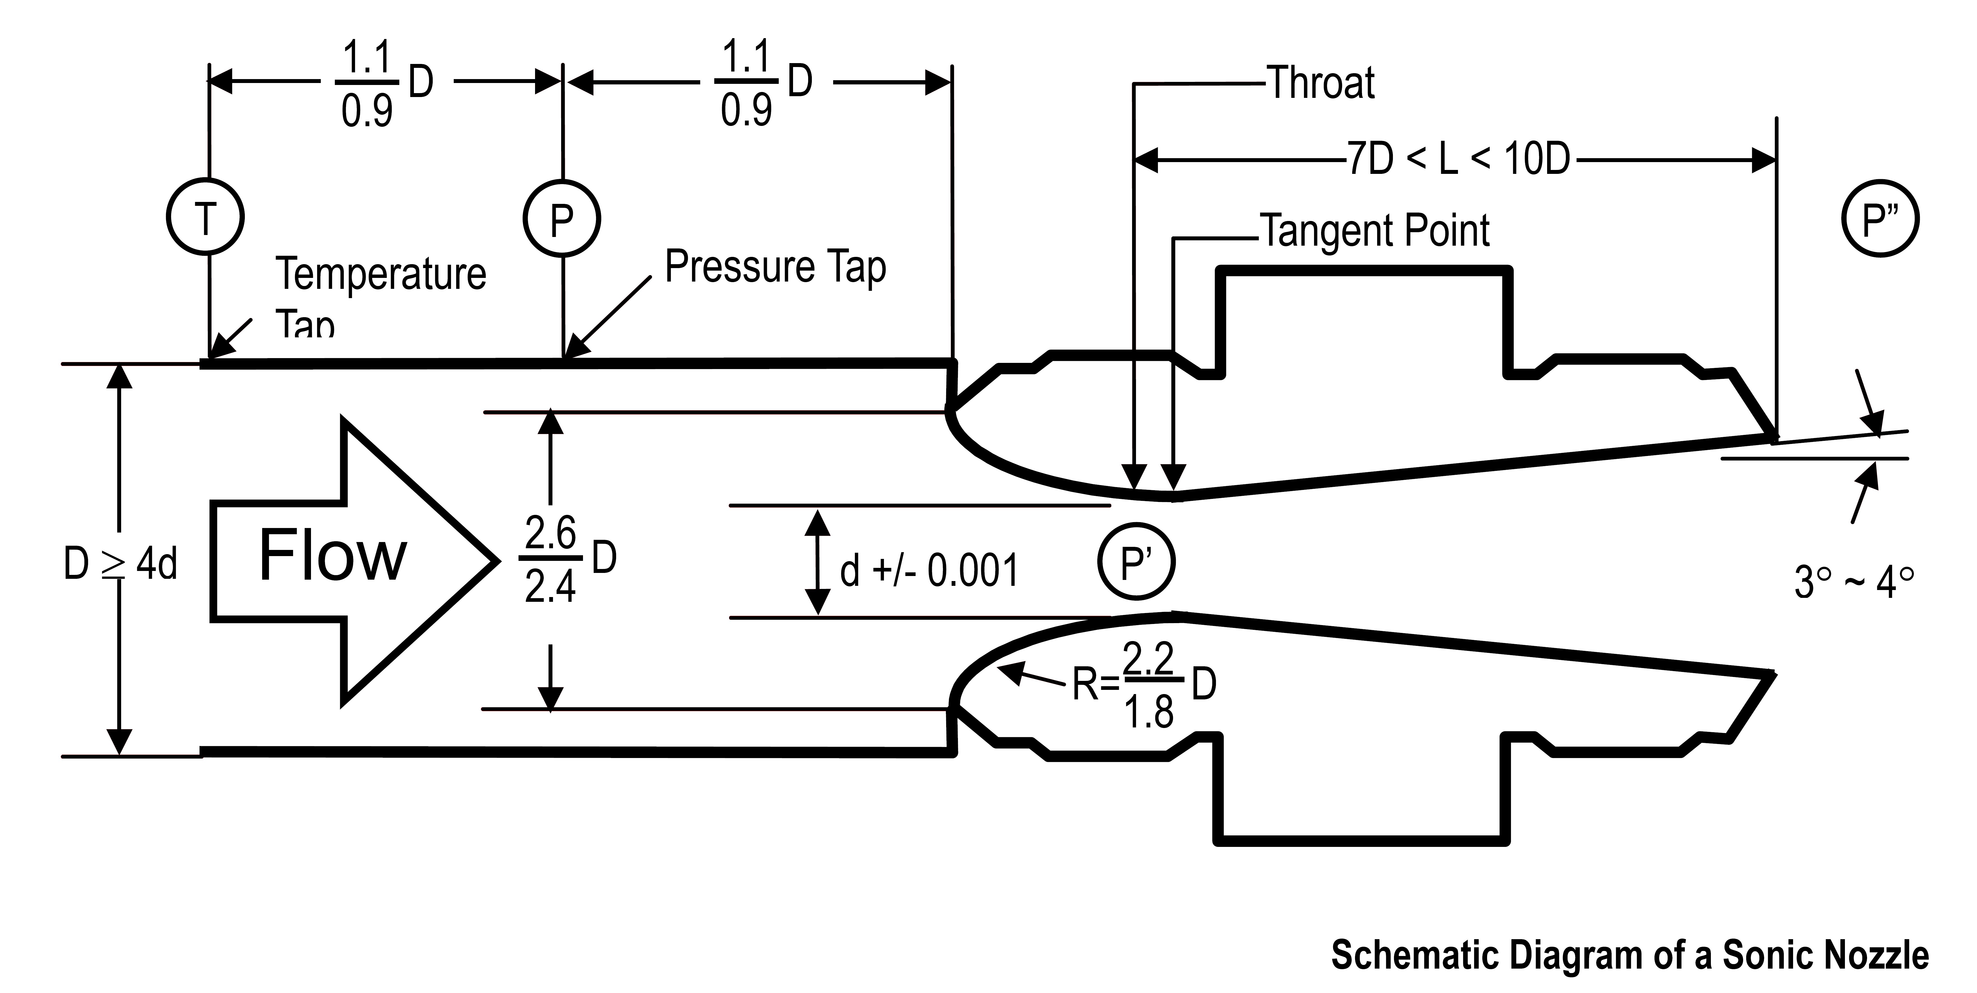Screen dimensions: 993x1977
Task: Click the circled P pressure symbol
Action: tap(562, 219)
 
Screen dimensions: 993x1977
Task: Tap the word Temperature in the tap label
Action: tap(381, 274)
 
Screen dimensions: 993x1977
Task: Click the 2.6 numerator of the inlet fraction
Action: tap(550, 532)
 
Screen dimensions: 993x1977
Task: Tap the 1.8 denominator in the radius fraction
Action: tap(1149, 713)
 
